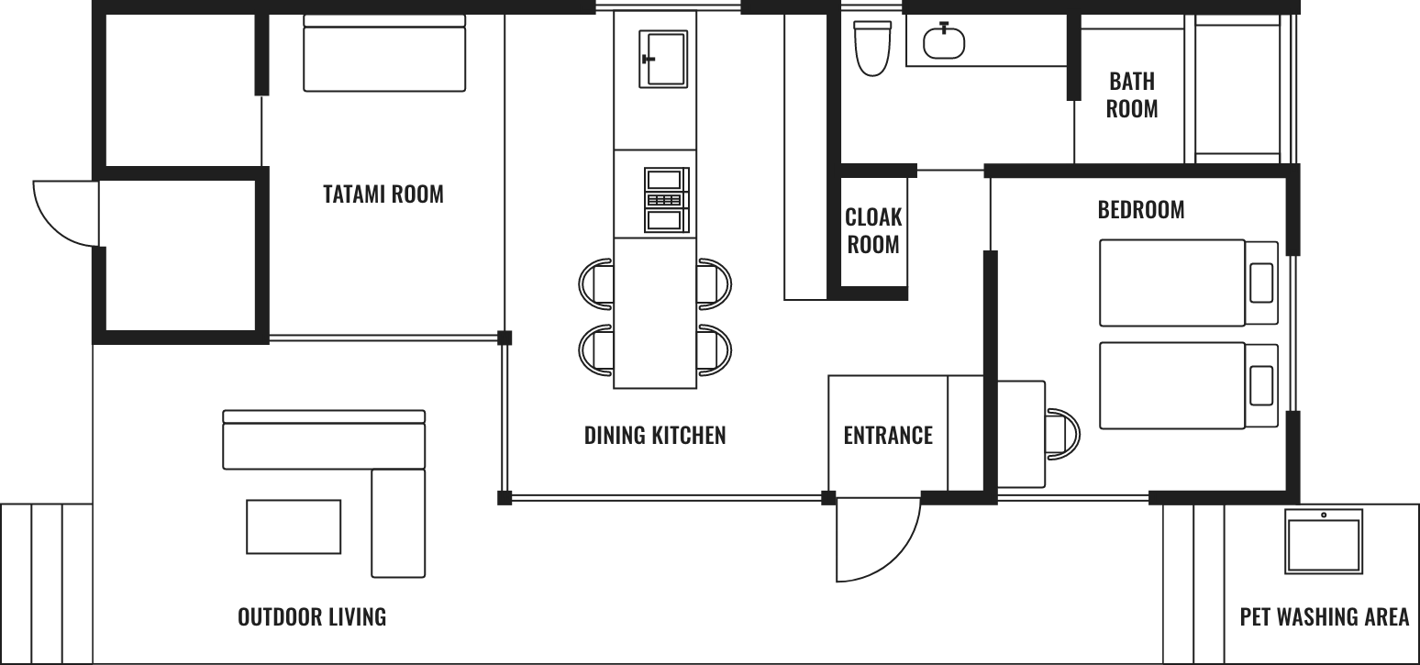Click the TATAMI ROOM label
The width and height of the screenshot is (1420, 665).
pos(383,194)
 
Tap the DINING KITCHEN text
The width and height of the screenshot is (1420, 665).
pos(655,436)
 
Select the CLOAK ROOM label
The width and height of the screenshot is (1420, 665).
pos(873,231)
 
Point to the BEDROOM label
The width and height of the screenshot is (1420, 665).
pos(1141,210)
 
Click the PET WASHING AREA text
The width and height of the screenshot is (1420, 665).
pos(1325,616)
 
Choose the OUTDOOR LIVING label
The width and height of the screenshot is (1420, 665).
pos(312,616)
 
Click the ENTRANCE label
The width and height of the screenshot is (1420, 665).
pos(888,436)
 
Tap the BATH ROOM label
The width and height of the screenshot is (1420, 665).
pos(1132,95)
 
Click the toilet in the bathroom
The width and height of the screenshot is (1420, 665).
pos(872,49)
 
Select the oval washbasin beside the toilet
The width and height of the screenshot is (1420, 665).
pos(944,41)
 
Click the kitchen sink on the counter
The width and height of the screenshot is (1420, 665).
pos(663,59)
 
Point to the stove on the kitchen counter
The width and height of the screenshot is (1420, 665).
pos(667,200)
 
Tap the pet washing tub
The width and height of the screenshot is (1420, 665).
pos(1324,541)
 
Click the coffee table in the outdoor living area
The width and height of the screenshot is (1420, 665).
pos(294,526)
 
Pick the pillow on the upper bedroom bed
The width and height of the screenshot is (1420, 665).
pos(1261,283)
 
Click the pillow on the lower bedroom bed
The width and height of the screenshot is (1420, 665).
pos(1261,385)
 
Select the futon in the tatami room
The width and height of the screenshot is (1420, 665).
pos(384,53)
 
